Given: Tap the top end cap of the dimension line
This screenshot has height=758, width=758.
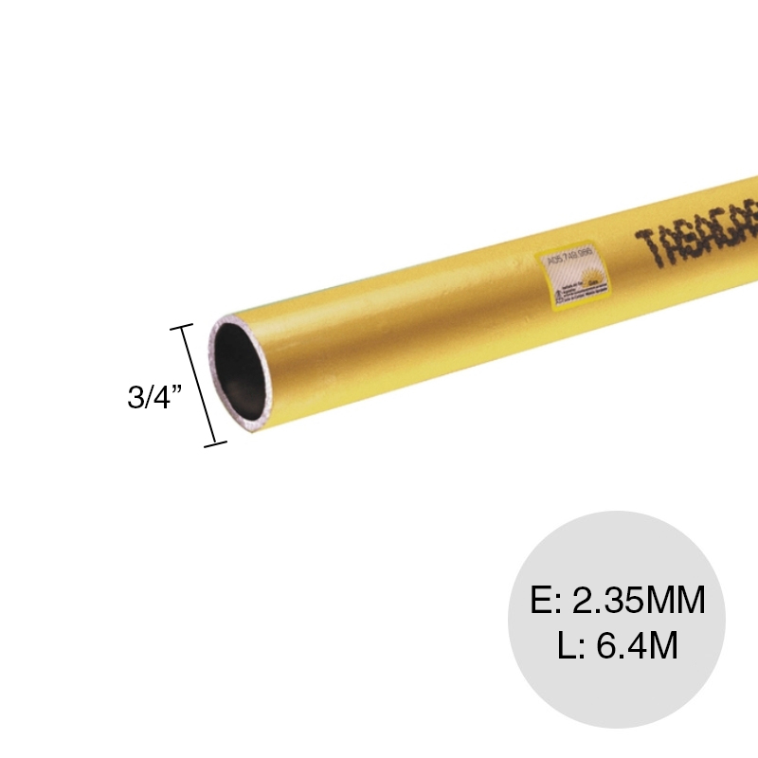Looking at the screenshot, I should [x=181, y=327].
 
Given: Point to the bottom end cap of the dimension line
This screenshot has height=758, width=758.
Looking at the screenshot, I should [x=216, y=442].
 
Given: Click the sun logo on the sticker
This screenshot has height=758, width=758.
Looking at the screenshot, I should [x=588, y=278].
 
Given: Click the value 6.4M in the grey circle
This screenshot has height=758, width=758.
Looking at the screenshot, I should [x=632, y=647].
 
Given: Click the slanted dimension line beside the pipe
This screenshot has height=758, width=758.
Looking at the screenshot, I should [x=199, y=385].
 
